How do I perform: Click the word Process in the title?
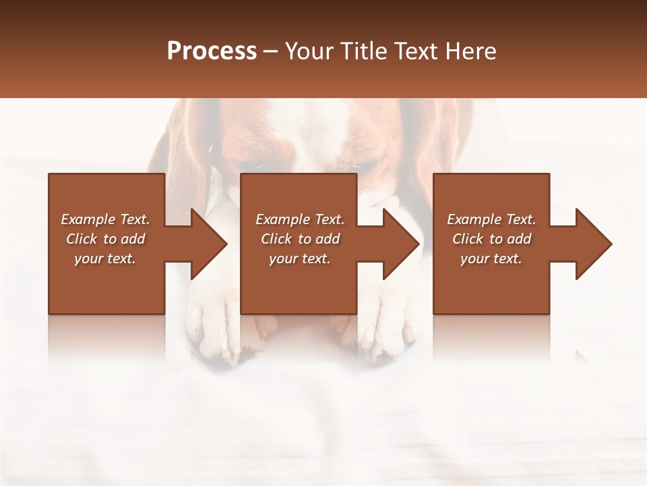coord(212,51)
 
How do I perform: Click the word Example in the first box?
coord(88,219)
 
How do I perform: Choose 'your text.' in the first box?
coord(105,259)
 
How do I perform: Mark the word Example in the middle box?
coord(282,219)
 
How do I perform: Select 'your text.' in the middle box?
coord(300,259)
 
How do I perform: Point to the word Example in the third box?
coord(474,219)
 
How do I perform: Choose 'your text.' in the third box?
coord(491,259)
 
